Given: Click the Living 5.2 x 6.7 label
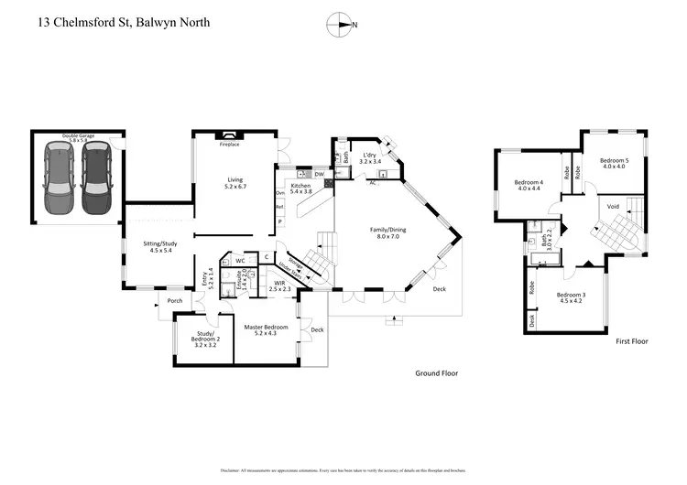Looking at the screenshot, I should [235, 183].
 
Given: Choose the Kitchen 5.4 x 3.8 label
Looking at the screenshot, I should [301, 189].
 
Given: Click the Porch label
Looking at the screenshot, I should [174, 301].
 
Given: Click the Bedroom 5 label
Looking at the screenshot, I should [612, 163].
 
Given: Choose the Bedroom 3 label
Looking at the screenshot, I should [572, 299].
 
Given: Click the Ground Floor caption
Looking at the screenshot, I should [436, 373].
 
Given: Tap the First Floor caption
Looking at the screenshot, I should [631, 340].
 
